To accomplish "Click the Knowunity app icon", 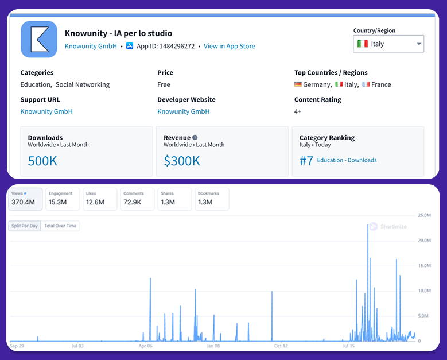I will (x=39, y=39).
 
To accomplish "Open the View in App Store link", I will (x=230, y=47).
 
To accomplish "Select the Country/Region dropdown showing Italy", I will (x=388, y=44).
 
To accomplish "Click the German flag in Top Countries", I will (x=298, y=84).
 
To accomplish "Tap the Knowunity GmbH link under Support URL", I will (x=46, y=111).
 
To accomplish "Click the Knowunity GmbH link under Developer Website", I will (x=184, y=111).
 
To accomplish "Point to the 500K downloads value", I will (x=42, y=161).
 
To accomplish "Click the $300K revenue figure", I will (x=182, y=161).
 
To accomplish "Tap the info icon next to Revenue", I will (x=195, y=138).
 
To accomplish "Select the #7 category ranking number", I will (x=306, y=161).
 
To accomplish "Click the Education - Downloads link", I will (x=347, y=161).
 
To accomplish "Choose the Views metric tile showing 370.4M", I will (x=25, y=199).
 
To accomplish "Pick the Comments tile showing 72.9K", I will (x=137, y=199).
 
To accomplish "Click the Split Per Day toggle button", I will (x=25, y=226).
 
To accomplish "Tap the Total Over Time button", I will (x=60, y=226).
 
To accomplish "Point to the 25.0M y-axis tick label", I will (x=424, y=215).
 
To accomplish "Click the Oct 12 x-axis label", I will (x=281, y=346).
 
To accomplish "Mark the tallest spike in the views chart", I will (x=367, y=225).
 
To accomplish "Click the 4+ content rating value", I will (x=298, y=111).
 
